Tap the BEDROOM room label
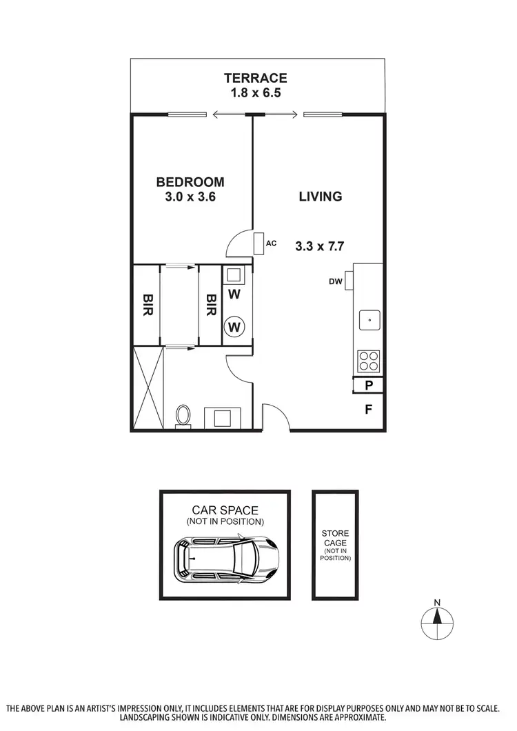pos(190,182)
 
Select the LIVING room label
pos(321,197)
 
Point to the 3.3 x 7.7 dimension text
pos(320,245)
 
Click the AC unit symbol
pos(258,243)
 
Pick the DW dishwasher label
pos(336,281)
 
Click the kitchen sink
pos(370,319)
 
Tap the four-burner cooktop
pos(369,361)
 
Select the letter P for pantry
pos(369,385)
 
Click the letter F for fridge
pos(369,409)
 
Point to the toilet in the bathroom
pos(183,416)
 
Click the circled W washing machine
pos(234,326)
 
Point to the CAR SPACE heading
pos(225,510)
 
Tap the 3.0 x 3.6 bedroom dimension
pos(190,197)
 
